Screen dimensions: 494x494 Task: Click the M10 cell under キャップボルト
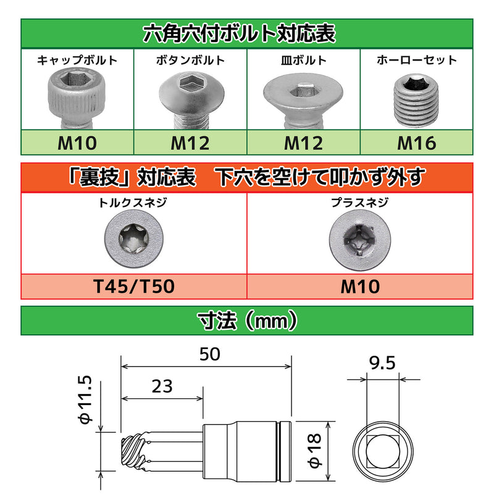tap(77, 143)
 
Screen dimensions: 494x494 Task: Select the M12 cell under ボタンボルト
tap(190, 143)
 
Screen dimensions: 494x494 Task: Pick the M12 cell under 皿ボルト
tap(303, 143)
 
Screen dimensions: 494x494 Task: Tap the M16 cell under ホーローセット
tap(416, 143)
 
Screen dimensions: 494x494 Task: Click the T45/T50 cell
tap(134, 286)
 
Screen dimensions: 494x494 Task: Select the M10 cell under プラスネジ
tap(360, 286)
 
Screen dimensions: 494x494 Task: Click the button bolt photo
tap(190, 97)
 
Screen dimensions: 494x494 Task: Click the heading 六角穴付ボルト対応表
tap(247, 33)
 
